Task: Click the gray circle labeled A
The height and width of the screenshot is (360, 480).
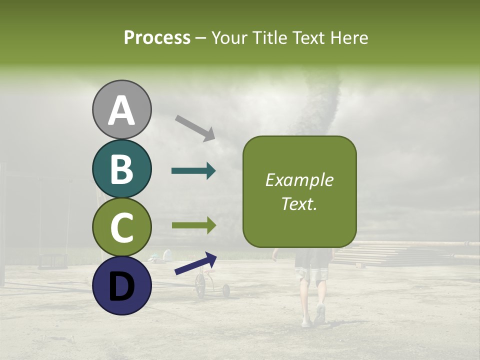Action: [121, 109]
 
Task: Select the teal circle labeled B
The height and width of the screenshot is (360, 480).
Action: [121, 168]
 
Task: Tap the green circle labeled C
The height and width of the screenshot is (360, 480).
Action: [121, 227]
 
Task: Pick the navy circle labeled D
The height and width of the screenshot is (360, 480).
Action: [121, 285]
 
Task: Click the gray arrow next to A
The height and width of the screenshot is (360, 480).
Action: [195, 127]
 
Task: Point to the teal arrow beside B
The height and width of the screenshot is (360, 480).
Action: [193, 171]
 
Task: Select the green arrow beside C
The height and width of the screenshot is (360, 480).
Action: [193, 225]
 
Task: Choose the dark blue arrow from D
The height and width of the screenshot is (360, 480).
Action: [195, 263]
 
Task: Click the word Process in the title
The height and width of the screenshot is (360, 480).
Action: [157, 37]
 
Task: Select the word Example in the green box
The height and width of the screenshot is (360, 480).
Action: [299, 180]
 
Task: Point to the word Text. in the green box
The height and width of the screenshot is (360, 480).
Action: [299, 203]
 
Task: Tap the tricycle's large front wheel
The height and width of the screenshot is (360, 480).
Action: [200, 286]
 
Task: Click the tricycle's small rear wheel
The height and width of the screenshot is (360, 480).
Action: [226, 290]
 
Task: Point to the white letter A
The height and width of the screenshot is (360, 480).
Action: [121, 110]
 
